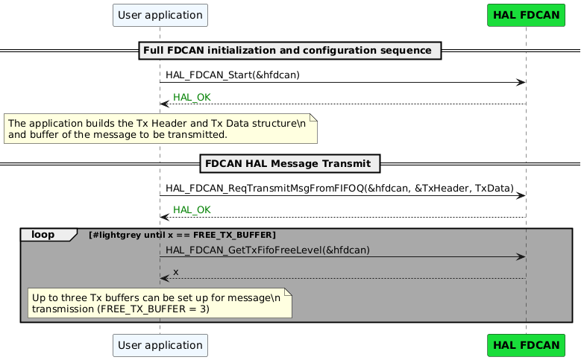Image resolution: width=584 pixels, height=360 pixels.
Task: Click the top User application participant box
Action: pos(160,15)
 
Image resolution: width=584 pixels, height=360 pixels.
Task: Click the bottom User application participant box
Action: pos(160,345)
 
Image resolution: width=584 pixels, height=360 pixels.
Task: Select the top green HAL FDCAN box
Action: pos(526,15)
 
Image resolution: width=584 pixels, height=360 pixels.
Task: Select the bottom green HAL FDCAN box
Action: pos(526,345)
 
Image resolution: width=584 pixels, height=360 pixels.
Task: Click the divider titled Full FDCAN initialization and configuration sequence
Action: pos(290,51)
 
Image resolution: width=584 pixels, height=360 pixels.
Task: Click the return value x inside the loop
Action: pos(176,271)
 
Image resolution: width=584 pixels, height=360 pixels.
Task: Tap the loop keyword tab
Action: pos(47,235)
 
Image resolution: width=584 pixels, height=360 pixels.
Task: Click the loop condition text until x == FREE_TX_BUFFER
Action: pos(182,236)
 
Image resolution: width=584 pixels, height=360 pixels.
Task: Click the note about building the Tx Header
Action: pos(160,128)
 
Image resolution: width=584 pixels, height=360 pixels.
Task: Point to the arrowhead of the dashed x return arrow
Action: pos(164,279)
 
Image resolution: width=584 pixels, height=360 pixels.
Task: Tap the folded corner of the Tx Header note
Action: pos(314,117)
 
